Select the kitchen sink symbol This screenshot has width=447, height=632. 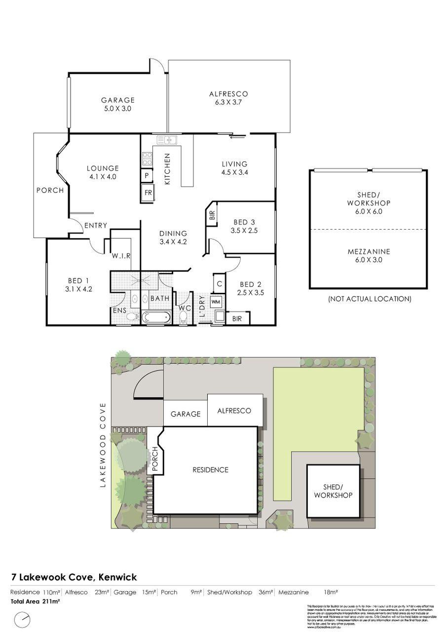point(167,140)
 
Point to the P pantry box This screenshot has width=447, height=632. point(147,175)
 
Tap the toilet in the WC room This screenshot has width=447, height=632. point(184,317)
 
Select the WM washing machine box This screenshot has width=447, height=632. point(216,301)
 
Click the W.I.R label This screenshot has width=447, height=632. point(120,256)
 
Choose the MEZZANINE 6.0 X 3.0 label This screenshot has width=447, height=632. point(368,255)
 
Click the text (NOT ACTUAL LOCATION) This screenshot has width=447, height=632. point(369,299)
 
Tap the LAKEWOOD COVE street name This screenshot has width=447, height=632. point(103,445)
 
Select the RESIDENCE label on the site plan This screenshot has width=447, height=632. point(210,470)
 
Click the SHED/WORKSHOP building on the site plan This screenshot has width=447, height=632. point(333,491)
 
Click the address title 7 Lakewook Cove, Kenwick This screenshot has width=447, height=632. point(74,577)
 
